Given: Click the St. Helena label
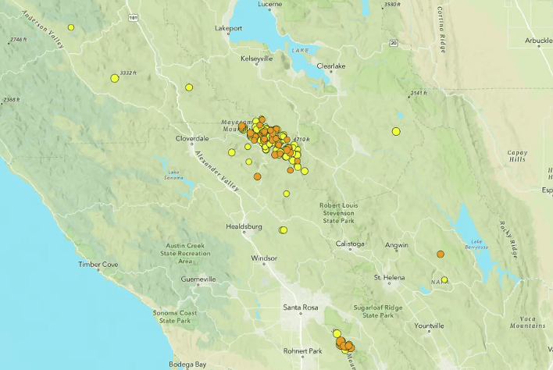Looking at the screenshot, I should pyautogui.click(x=388, y=277).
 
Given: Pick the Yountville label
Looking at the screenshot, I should pyautogui.click(x=429, y=326).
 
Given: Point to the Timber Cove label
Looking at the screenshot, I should pyautogui.click(x=98, y=265).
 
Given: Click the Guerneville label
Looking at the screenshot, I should pyautogui.click(x=198, y=279).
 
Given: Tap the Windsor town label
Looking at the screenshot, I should pyautogui.click(x=264, y=258).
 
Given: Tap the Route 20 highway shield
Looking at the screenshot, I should pyautogui.click(x=394, y=42).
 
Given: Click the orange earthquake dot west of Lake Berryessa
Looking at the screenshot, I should pyautogui.click(x=441, y=254).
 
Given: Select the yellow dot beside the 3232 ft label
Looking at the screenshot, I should pyautogui.click(x=115, y=78).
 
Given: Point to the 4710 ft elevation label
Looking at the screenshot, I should pyautogui.click(x=301, y=140).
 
